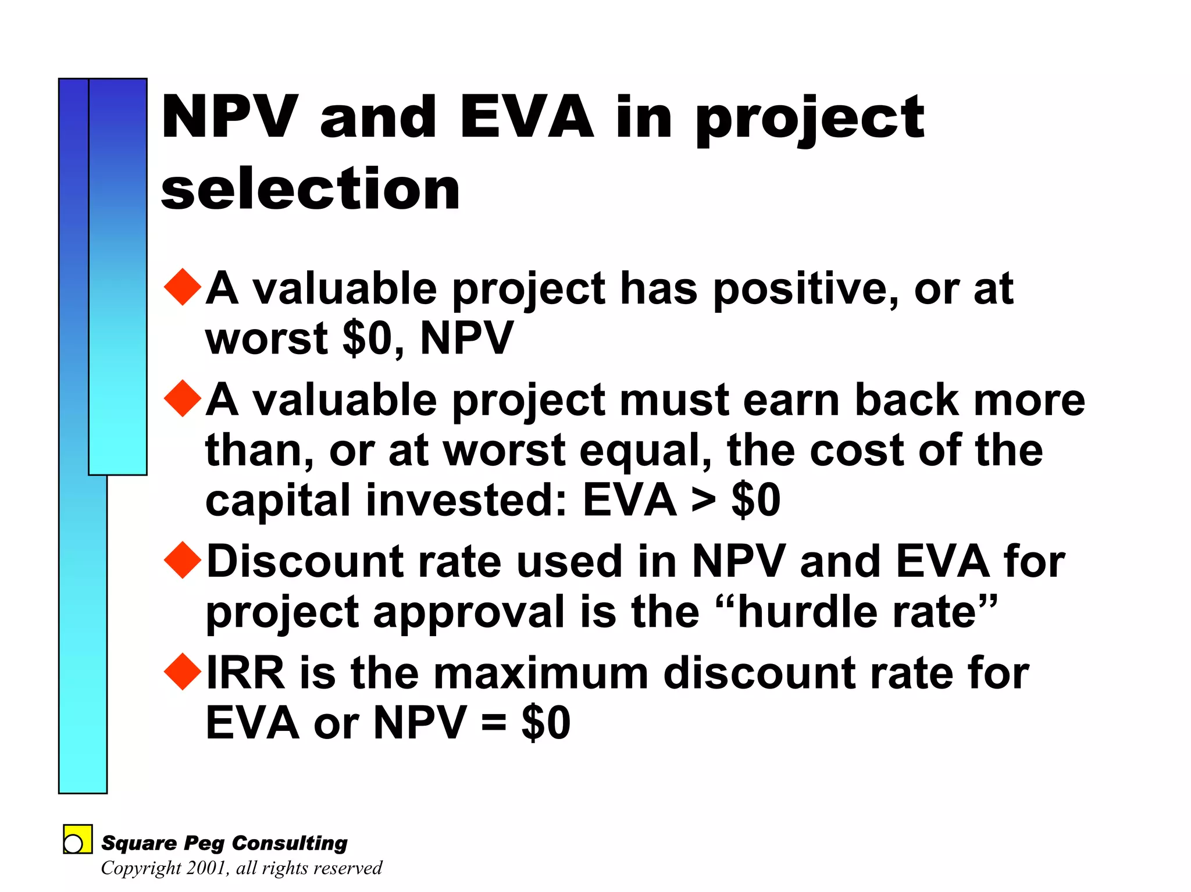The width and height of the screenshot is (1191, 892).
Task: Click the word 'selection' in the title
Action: coord(311,189)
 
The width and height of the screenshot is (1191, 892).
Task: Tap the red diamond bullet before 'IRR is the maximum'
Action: coord(183,672)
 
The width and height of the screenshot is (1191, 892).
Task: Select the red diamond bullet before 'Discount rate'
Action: coord(183,560)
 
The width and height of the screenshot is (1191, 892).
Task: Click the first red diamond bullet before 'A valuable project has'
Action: coord(183,287)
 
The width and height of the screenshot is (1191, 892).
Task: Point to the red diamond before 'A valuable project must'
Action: coord(183,398)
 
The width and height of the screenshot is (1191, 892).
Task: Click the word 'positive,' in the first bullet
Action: coord(806,289)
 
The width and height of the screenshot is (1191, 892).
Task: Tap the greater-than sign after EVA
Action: coord(704,500)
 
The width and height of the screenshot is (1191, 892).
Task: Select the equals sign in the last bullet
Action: coord(494,723)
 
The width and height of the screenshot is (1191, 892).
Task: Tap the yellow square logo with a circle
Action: coord(77,839)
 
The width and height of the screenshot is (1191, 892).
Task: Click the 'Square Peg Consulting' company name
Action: coord(224,843)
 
